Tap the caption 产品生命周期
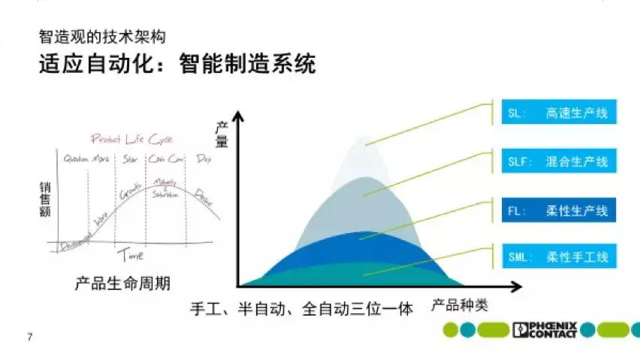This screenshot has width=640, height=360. (x=122, y=283)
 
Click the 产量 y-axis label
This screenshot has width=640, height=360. (x=222, y=133)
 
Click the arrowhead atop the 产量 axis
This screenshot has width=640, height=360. (x=239, y=115)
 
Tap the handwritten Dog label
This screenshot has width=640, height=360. (x=203, y=159)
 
